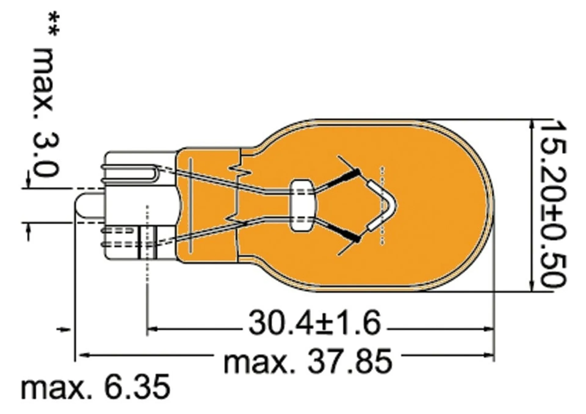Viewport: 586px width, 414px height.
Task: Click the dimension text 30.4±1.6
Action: point(315,323)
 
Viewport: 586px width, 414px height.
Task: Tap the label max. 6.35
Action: point(96,387)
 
